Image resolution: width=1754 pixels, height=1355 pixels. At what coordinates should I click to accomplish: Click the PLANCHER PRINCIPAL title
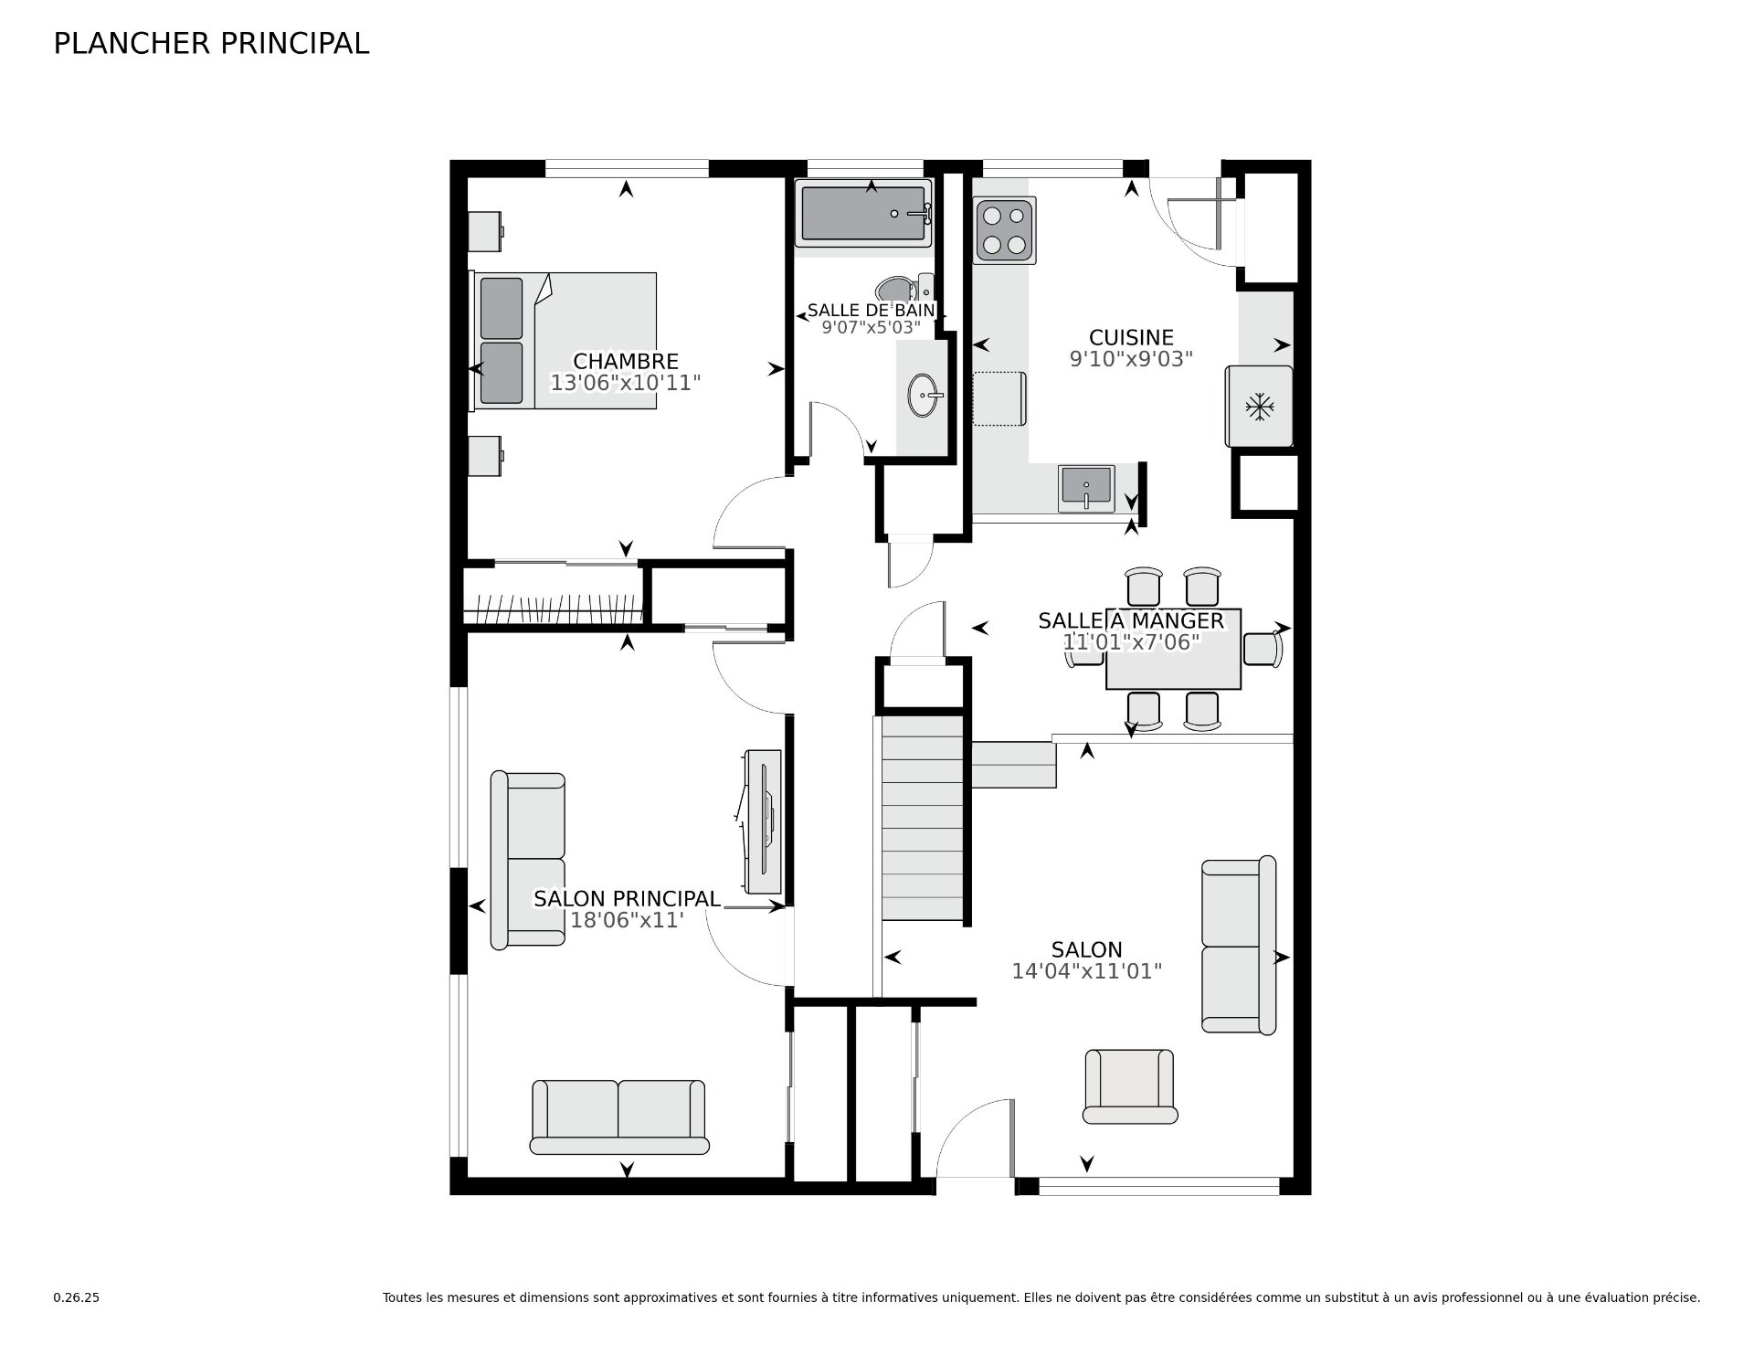click(211, 44)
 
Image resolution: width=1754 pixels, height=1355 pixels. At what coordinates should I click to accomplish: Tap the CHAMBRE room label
click(626, 362)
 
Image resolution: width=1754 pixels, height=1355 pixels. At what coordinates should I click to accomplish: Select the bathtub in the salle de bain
click(863, 213)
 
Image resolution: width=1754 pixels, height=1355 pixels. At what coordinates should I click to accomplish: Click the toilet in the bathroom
click(904, 290)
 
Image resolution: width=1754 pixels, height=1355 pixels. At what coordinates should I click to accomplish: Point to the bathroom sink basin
click(925, 396)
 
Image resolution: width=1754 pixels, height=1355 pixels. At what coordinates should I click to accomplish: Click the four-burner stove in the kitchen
click(1005, 230)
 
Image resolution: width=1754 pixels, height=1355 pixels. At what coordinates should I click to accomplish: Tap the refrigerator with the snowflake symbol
click(1259, 407)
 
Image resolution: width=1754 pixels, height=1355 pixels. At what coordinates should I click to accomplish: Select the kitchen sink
click(1086, 488)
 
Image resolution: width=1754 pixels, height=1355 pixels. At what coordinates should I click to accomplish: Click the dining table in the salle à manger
click(1173, 649)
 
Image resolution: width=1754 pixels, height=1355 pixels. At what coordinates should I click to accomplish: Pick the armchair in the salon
click(1130, 1085)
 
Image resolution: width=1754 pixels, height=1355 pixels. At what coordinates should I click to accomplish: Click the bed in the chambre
click(563, 340)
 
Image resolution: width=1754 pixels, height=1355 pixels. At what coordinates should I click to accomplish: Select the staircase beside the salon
click(922, 818)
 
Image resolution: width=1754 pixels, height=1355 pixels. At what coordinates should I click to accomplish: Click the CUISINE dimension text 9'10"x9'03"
click(1131, 359)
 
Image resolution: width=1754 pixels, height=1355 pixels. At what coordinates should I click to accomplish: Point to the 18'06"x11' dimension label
click(627, 920)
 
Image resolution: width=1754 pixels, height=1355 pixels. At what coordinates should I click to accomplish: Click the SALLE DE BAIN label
click(871, 311)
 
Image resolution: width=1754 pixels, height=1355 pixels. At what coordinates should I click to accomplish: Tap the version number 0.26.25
click(77, 1297)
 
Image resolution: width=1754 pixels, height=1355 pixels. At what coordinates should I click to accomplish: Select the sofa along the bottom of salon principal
click(619, 1117)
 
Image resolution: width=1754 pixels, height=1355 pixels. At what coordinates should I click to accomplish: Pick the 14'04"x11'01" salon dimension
click(1086, 971)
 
